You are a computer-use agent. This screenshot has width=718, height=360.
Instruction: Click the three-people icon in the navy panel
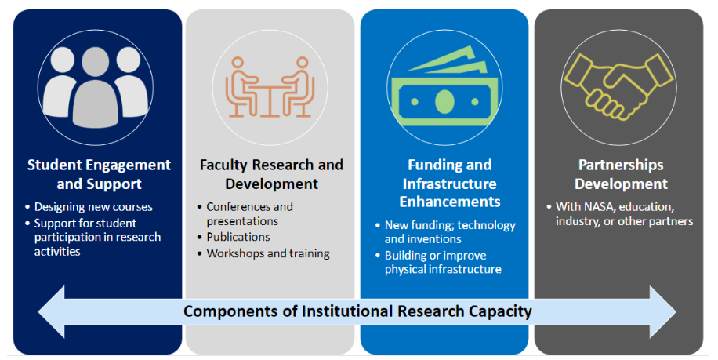pyautogui.click(x=96, y=87)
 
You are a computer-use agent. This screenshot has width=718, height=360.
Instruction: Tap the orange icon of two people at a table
pyautogui.click(x=270, y=87)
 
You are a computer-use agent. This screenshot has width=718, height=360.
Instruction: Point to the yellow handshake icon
pyautogui.click(x=618, y=86)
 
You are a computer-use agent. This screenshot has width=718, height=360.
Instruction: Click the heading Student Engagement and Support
pyautogui.click(x=99, y=174)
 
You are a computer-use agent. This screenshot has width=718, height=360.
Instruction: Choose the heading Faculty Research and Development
pyautogui.click(x=271, y=174)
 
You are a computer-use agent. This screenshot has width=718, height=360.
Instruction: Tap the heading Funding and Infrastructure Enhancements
pyautogui.click(x=450, y=184)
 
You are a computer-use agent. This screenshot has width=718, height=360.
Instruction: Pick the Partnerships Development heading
pyautogui.click(x=621, y=174)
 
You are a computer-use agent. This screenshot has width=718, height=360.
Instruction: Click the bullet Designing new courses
pyautogui.click(x=93, y=207)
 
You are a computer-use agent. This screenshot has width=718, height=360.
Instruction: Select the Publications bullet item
pyautogui.click(x=238, y=237)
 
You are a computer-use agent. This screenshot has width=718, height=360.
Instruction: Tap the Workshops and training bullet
pyautogui.click(x=268, y=253)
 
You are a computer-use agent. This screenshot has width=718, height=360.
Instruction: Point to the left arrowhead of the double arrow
pyautogui.click(x=51, y=312)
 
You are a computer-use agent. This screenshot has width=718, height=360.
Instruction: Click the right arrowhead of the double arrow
pyautogui.click(x=663, y=312)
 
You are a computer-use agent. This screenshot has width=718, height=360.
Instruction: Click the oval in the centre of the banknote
pyautogui.click(x=444, y=102)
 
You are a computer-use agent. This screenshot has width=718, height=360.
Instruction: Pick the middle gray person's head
pyautogui.click(x=96, y=62)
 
